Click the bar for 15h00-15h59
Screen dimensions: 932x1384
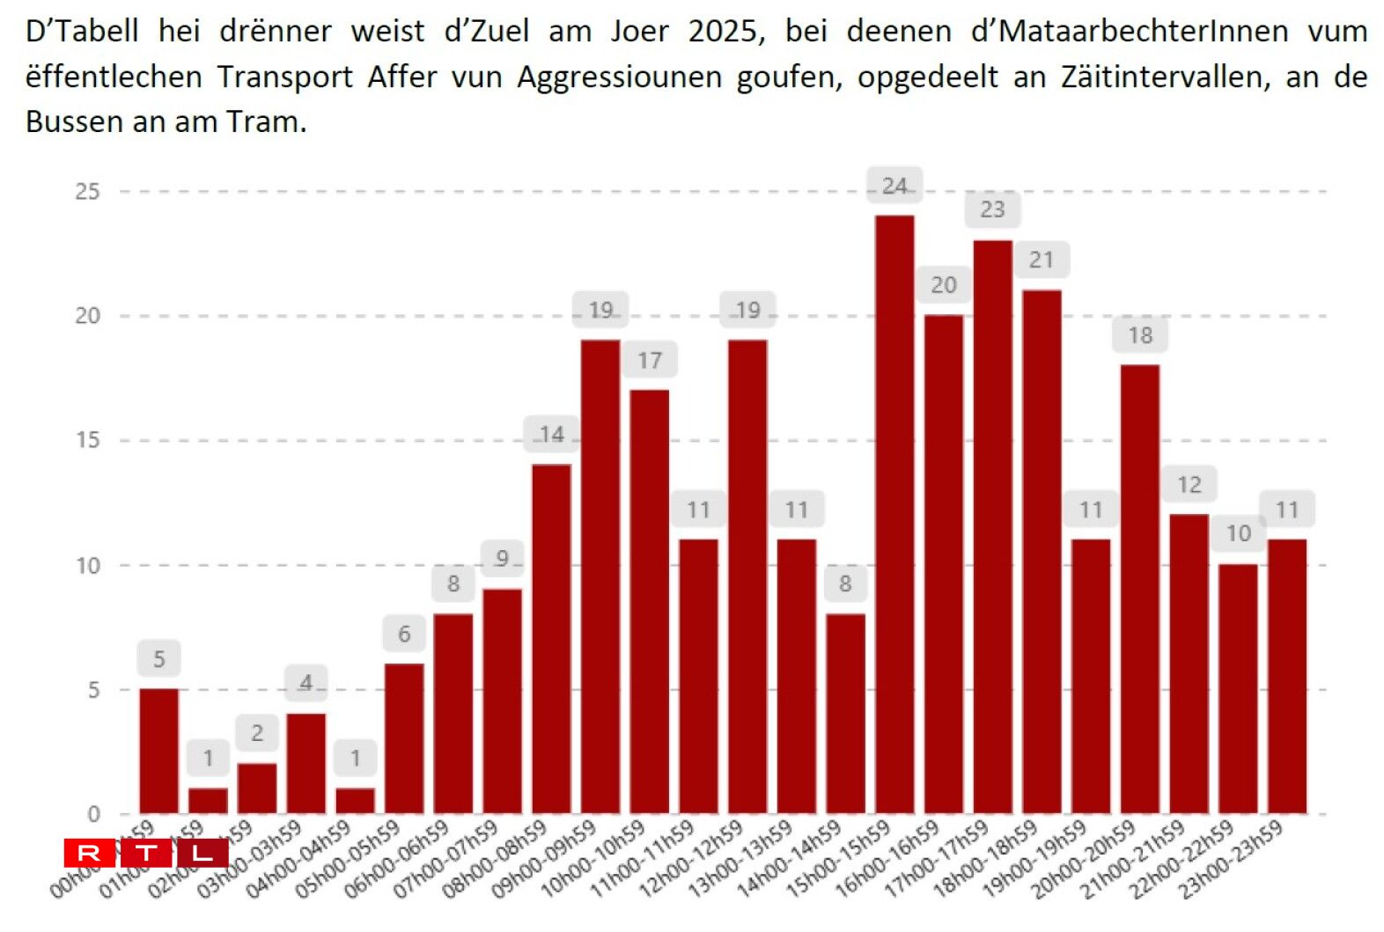point(894,514)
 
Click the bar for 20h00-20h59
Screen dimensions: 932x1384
point(1139,589)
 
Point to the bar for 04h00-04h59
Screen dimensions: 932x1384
point(355,800)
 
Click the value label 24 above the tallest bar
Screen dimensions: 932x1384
point(894,186)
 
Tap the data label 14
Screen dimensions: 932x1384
point(551,434)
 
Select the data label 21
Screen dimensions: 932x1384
point(1042,260)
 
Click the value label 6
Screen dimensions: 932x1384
point(404,634)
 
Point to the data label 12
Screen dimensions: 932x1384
point(1189,484)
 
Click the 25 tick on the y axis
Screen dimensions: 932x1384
point(87,191)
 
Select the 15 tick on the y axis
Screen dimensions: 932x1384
point(87,440)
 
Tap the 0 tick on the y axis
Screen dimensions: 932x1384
point(93,814)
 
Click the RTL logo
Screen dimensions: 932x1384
point(146,853)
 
